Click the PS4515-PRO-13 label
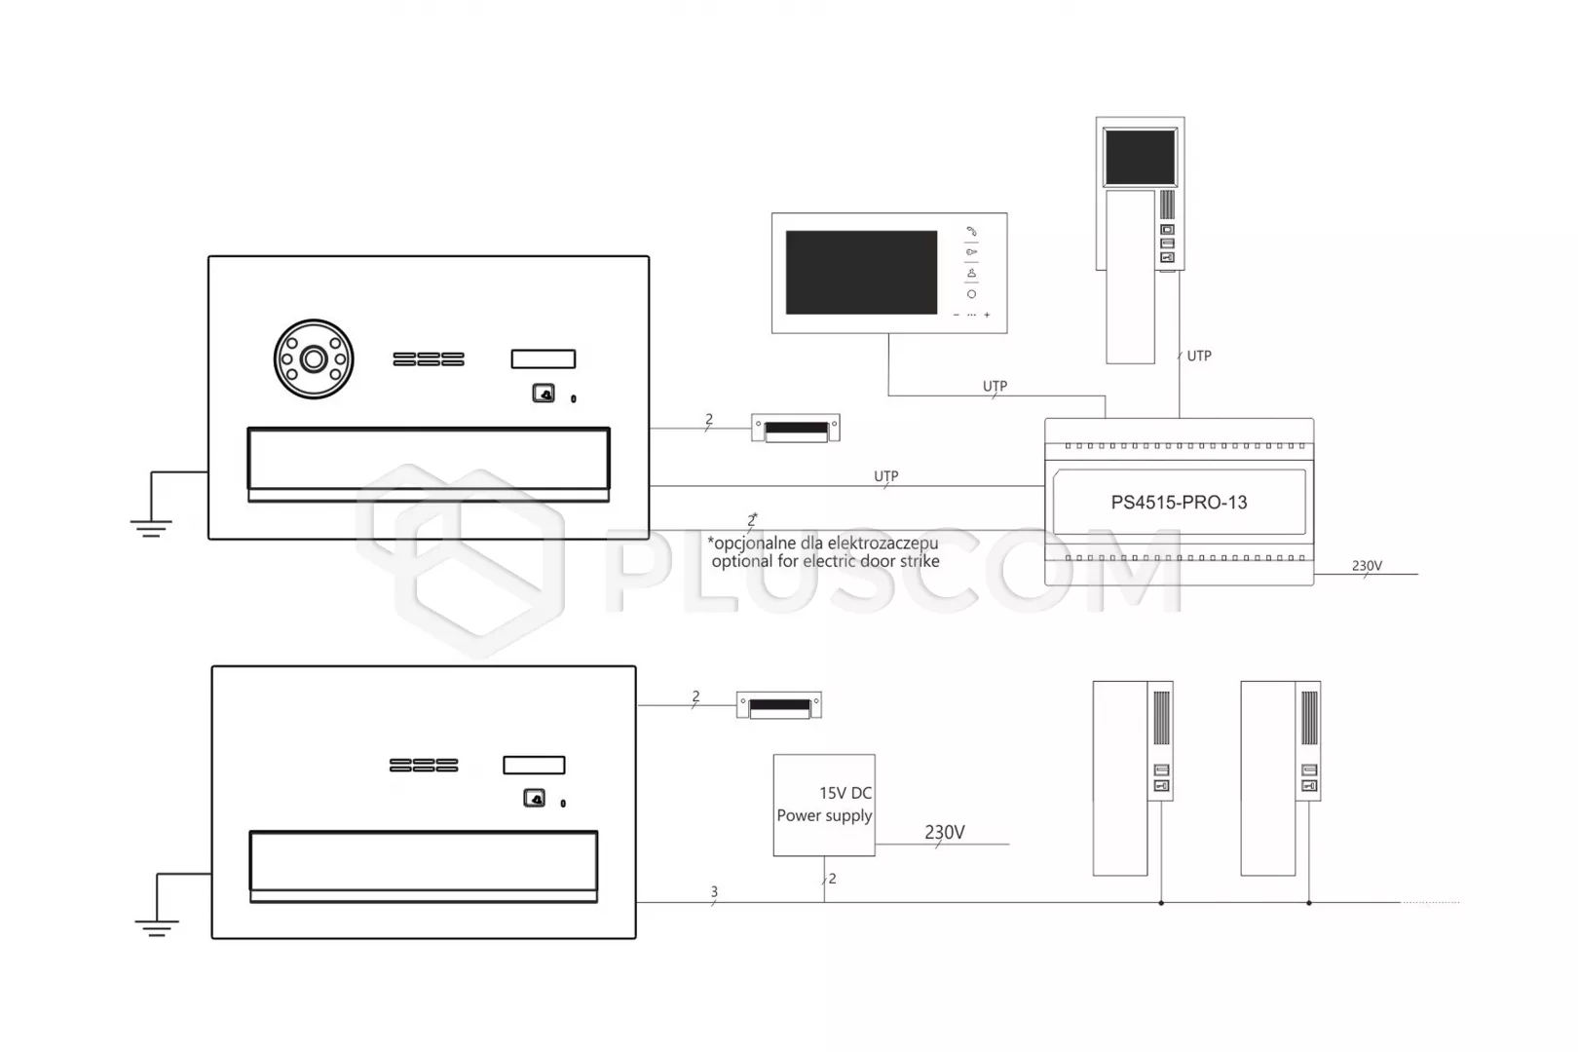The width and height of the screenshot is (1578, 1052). coord(1179,503)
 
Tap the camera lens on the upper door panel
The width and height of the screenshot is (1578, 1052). coord(314,359)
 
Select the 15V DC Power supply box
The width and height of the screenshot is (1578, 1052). coord(824,806)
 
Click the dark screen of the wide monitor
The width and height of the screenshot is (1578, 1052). coord(861,272)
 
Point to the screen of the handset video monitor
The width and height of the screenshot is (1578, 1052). coord(1140,157)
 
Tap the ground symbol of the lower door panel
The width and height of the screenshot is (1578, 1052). coord(157,928)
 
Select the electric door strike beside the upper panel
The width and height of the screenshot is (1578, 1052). coord(796,429)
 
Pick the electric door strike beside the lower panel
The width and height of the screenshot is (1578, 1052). coord(779,705)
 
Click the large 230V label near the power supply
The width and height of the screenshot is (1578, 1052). coord(945,832)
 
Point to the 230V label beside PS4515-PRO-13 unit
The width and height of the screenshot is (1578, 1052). coord(1367,566)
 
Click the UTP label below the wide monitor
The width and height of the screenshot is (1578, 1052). coord(995,386)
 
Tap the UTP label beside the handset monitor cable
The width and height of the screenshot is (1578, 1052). coord(1199,356)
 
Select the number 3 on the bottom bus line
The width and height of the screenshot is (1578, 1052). coord(714,892)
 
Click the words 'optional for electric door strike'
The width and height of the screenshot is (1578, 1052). coord(826,562)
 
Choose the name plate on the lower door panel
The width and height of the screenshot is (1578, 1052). coord(534,766)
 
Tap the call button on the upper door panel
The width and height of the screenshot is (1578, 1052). coord(544,394)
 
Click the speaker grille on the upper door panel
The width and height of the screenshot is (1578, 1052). coord(429,359)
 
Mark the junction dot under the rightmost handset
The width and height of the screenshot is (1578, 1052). coord(1309,903)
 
